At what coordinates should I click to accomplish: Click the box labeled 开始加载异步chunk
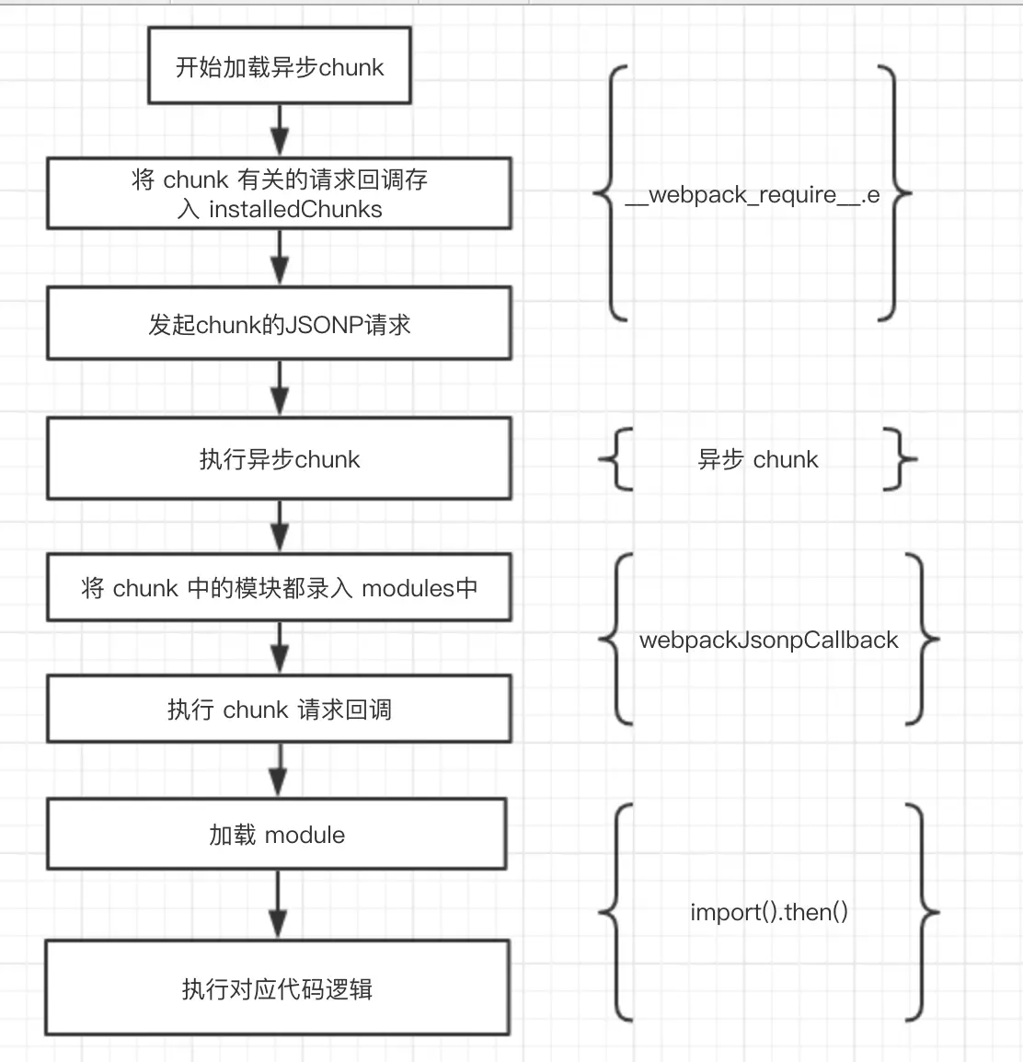[x=280, y=65]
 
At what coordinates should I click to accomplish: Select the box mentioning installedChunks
[x=279, y=193]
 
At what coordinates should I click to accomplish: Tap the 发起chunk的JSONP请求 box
[x=279, y=323]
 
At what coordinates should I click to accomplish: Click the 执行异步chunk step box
[x=279, y=458]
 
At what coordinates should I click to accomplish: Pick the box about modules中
[x=279, y=587]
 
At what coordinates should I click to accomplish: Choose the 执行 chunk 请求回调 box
[x=279, y=709]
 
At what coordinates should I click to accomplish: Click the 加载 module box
[x=277, y=834]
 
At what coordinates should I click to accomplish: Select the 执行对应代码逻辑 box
[x=277, y=987]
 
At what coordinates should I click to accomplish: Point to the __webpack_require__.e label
[x=752, y=194]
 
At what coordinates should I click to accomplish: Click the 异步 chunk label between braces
[x=758, y=459]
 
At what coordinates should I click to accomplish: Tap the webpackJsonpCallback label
[x=768, y=640]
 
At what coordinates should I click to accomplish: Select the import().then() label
[x=769, y=912]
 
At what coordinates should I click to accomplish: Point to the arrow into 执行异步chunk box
[x=280, y=388]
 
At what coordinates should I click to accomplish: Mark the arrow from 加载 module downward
[x=278, y=905]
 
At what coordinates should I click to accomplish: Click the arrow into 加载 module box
[x=278, y=770]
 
